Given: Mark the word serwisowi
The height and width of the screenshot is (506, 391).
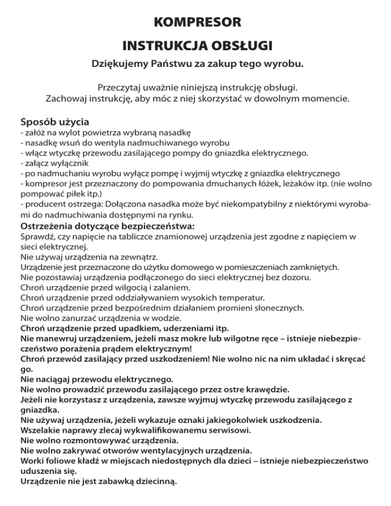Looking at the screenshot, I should [232, 430].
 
